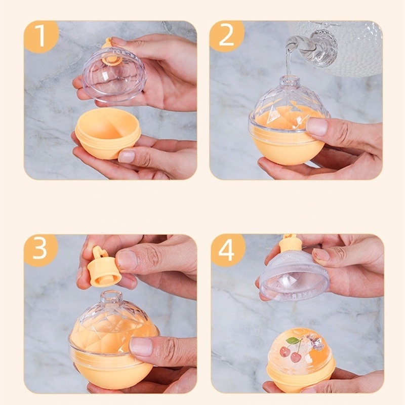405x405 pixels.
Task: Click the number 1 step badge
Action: coord(40,36)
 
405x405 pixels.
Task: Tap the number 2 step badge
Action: coord(227,36)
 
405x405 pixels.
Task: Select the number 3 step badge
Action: coord(40,250)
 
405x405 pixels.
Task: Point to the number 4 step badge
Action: coord(227,250)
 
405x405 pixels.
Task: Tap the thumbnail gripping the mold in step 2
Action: coord(318,127)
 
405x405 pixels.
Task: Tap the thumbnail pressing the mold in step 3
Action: coord(141,347)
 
